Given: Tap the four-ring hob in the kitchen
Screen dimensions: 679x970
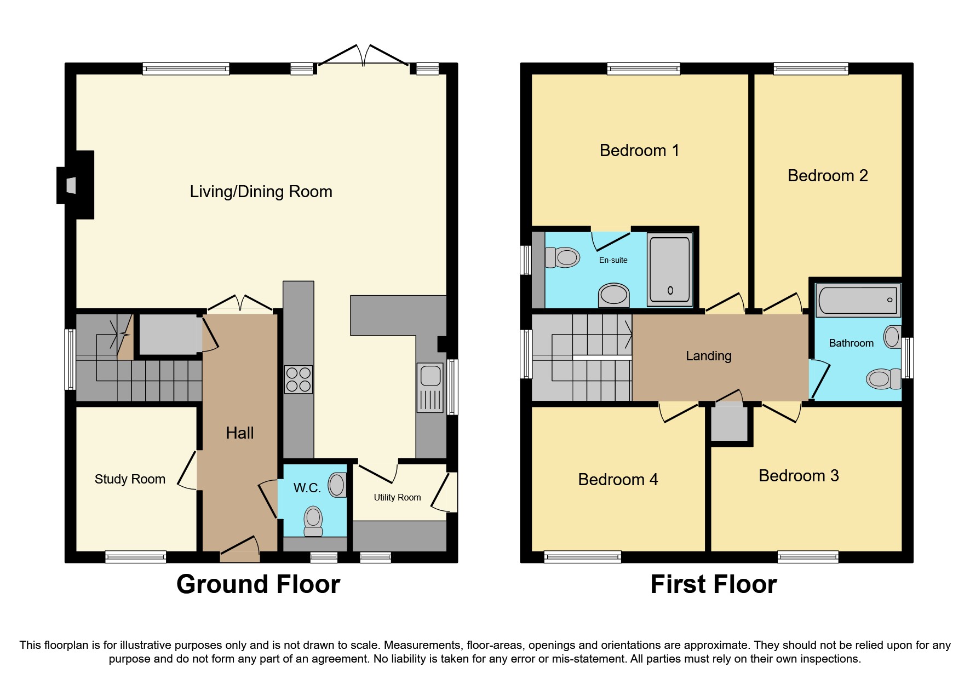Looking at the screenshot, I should [299, 379].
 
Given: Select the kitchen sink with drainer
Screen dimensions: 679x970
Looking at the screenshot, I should [431, 388].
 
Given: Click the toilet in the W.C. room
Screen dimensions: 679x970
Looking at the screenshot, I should [313, 521].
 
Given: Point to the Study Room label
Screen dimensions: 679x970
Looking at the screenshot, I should [130, 479].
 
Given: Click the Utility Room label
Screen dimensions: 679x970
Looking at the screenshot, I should [397, 497].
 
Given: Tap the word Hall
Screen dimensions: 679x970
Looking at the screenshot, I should [239, 433].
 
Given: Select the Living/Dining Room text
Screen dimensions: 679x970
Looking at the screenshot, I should [261, 192].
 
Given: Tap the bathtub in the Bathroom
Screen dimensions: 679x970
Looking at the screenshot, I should [857, 300].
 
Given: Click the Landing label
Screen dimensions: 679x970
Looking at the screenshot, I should [708, 356].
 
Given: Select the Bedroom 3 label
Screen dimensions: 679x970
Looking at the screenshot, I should [798, 476].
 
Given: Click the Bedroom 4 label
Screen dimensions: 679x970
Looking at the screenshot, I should [617, 480].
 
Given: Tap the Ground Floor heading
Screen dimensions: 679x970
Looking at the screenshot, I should [258, 584].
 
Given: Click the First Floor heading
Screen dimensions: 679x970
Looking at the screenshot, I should [713, 584].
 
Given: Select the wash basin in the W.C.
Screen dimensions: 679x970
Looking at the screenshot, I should [337, 485].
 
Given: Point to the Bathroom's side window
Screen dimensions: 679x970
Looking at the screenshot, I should [908, 358].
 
